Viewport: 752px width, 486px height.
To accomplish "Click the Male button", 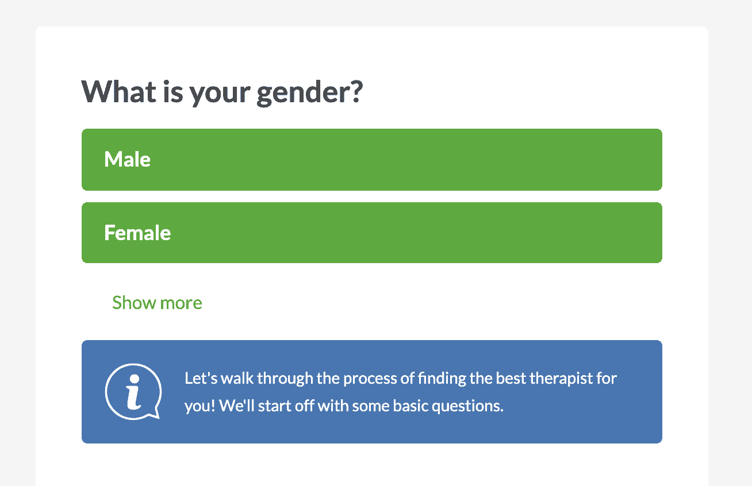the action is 371,160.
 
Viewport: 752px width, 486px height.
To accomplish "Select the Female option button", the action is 371,233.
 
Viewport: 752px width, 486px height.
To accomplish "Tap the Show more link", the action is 157,303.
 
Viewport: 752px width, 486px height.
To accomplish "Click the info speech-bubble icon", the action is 133,391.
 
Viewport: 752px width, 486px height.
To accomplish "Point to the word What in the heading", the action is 119,91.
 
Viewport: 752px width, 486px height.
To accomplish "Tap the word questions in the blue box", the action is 467,407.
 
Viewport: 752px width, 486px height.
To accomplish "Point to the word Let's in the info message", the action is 201,379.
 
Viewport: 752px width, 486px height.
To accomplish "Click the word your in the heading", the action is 220,94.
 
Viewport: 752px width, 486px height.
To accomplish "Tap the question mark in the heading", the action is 355,91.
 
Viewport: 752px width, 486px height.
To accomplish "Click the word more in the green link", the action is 181,304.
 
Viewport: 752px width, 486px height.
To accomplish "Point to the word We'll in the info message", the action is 236,406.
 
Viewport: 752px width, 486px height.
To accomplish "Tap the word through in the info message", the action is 285,379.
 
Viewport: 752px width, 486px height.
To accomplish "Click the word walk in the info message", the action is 237,379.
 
